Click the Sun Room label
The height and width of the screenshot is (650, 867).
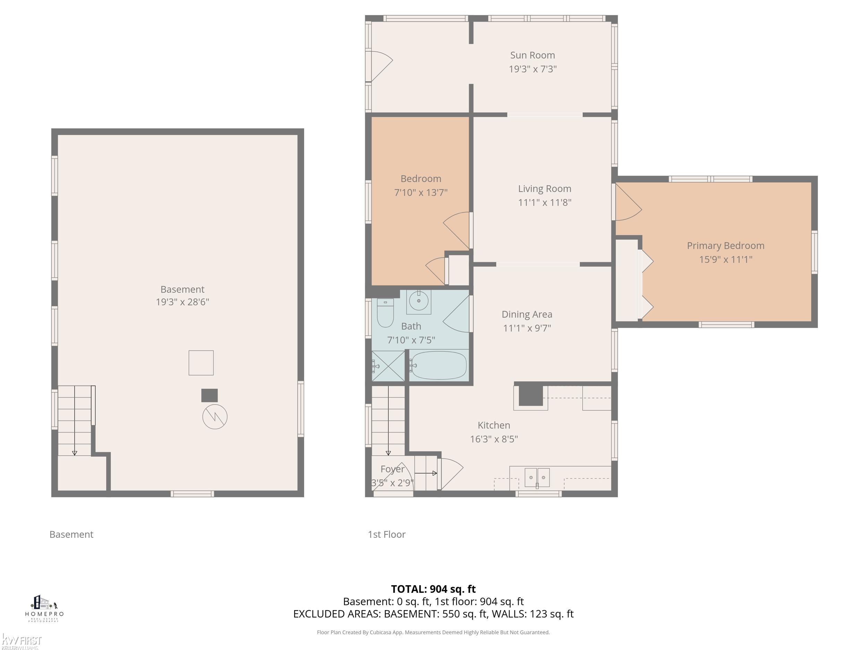(532, 55)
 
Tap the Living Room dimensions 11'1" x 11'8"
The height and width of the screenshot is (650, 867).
(544, 202)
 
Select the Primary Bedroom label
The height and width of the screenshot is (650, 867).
(726, 246)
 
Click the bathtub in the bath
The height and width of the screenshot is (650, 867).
(438, 365)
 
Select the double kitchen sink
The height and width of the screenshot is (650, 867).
(537, 478)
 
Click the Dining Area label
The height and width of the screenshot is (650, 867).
(527, 314)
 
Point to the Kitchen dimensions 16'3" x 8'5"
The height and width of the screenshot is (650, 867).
(494, 439)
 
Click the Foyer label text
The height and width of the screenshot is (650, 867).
(392, 469)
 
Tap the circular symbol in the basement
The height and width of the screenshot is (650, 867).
(215, 416)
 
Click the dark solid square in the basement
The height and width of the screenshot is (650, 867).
(209, 395)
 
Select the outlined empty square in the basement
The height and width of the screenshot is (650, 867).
(201, 363)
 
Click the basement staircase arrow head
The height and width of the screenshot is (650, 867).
(75, 453)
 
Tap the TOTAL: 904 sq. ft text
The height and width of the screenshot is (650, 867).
(433, 589)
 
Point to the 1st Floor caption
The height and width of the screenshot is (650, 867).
(386, 535)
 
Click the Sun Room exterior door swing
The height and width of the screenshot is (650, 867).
(382, 66)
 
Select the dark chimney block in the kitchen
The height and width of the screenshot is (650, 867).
(531, 396)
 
